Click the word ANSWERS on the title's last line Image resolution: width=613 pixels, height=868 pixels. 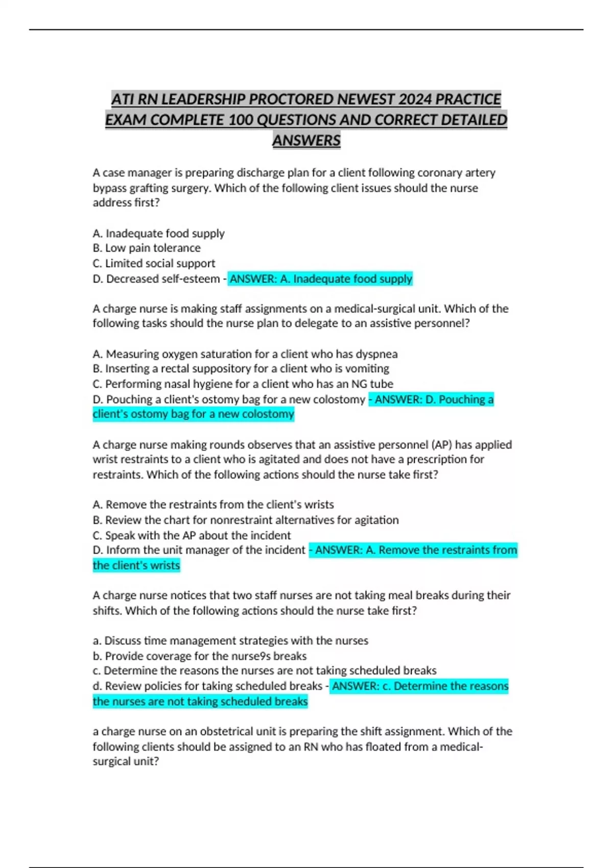(x=306, y=140)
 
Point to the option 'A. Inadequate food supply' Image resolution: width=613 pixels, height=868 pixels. (x=158, y=233)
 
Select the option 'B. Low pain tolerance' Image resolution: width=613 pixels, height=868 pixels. (x=147, y=248)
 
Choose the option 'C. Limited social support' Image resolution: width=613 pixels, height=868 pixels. (x=154, y=263)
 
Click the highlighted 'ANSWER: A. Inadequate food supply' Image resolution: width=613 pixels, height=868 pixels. (x=320, y=279)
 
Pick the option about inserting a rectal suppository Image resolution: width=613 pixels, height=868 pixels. (x=241, y=369)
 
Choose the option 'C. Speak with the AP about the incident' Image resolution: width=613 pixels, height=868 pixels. (x=192, y=535)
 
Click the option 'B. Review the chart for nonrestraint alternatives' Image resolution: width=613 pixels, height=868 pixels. (x=246, y=520)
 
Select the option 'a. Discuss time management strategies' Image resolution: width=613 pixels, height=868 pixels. (x=230, y=640)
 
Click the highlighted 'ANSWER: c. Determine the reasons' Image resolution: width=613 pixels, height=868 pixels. (x=420, y=686)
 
